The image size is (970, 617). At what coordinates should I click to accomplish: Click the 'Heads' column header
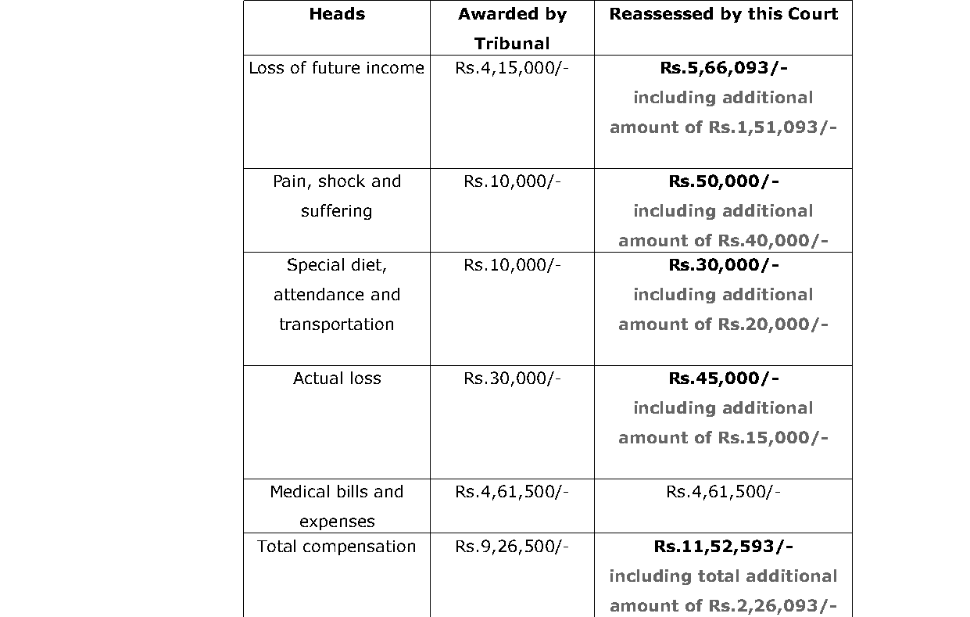336,14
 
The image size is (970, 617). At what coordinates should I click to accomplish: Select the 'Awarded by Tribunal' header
512,28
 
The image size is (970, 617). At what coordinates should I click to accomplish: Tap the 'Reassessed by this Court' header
723,14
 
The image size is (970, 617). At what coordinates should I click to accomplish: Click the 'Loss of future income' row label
336,68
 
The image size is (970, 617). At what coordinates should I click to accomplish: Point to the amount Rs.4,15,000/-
512,68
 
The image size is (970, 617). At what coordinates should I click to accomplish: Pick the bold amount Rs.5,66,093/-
723,68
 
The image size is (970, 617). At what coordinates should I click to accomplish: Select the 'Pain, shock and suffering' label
336,196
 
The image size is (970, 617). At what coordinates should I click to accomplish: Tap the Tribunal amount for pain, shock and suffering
512,181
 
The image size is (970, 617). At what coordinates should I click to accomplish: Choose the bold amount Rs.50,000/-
723,181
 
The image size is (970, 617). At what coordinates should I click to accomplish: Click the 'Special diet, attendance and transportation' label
336,295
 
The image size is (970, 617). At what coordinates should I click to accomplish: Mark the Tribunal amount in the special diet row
512,265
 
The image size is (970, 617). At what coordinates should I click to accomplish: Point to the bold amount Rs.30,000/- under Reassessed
723,265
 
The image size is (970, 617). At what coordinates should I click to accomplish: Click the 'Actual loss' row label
336,378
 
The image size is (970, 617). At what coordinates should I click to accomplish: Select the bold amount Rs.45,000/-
723,378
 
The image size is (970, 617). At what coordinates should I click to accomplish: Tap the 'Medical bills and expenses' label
336,506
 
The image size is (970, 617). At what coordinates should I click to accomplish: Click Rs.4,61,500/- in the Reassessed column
723,492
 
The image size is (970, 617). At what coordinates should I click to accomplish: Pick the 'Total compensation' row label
336,547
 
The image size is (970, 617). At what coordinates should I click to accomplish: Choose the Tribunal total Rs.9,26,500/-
512,547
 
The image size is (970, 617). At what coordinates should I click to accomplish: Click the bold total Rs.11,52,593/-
723,547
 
